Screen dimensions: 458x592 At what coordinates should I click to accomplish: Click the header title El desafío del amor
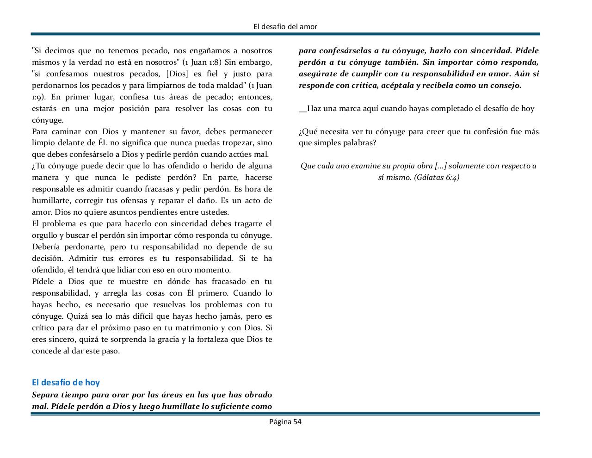click(x=285, y=26)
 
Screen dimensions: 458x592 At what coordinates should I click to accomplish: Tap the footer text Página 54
click(x=285, y=421)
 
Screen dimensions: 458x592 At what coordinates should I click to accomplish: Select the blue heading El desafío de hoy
click(x=66, y=382)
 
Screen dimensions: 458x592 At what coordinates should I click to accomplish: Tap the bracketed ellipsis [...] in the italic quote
click(x=441, y=166)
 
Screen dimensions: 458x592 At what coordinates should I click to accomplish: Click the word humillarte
click(x=50, y=201)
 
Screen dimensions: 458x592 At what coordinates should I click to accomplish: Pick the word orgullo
click(x=44, y=235)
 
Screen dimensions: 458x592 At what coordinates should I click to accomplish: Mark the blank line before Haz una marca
click(x=302, y=109)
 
